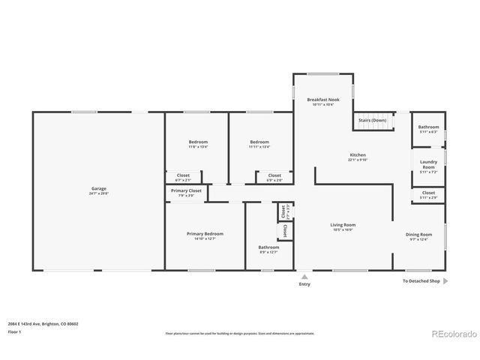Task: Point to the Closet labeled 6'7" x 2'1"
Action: (x=183, y=178)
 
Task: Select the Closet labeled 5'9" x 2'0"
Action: (x=274, y=178)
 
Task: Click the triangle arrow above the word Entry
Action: (x=304, y=275)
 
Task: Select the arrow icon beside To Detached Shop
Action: (x=445, y=281)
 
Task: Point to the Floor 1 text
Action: (x=15, y=331)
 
